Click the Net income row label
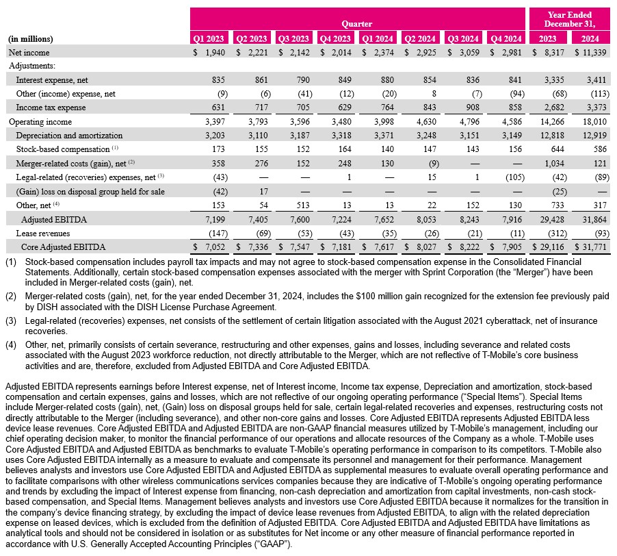coord(30,52)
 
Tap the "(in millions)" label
coord(31,39)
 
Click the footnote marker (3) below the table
coord(11,320)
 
